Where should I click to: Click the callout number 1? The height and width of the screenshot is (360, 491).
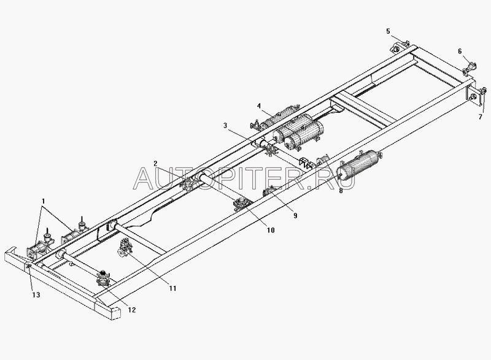tap(42, 201)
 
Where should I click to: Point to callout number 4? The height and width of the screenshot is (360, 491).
tap(260, 106)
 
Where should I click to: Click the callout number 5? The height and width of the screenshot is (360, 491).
tap(388, 31)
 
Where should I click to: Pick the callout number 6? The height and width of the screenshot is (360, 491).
tap(458, 52)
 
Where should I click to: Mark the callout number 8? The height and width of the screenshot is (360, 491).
tap(341, 191)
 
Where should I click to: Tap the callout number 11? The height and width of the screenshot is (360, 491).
tap(172, 288)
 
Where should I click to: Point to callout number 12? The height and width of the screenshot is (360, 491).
tap(130, 310)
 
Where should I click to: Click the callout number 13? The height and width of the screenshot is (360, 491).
tap(36, 296)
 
